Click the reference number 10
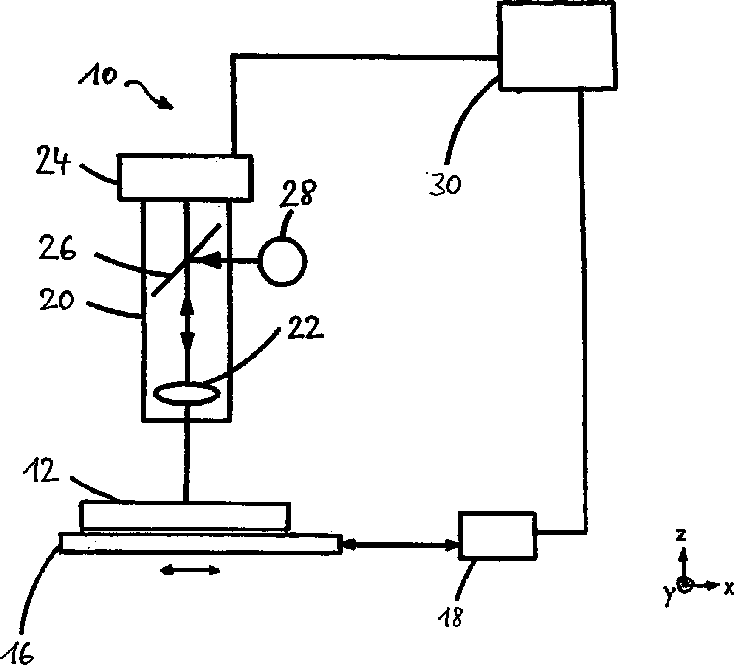pos(97,77)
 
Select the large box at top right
pos(557,45)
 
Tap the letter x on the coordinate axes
pos(728,588)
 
